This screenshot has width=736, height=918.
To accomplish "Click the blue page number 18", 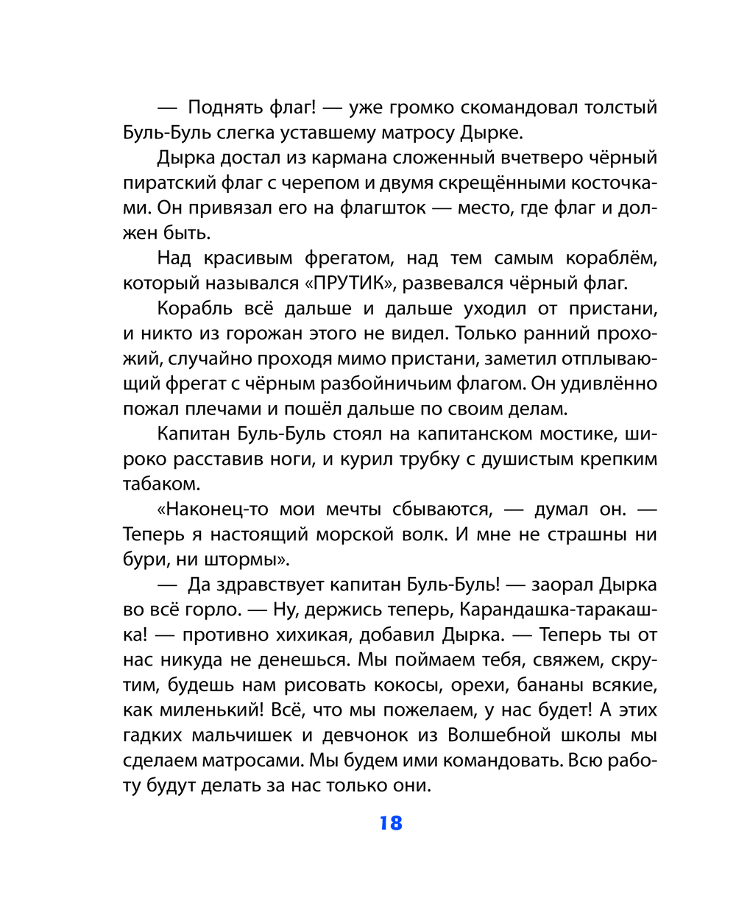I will point(391,823).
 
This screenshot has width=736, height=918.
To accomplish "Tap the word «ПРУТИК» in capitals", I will point(350,283).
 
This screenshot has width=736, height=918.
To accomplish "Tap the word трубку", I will point(433,459).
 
